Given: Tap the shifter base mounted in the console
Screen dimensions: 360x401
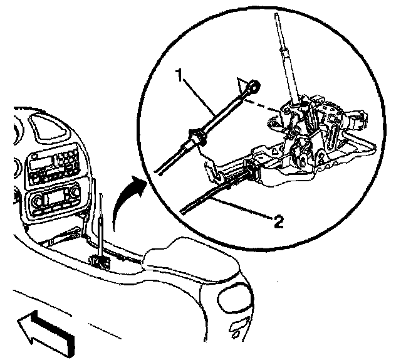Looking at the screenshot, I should point(100,260).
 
